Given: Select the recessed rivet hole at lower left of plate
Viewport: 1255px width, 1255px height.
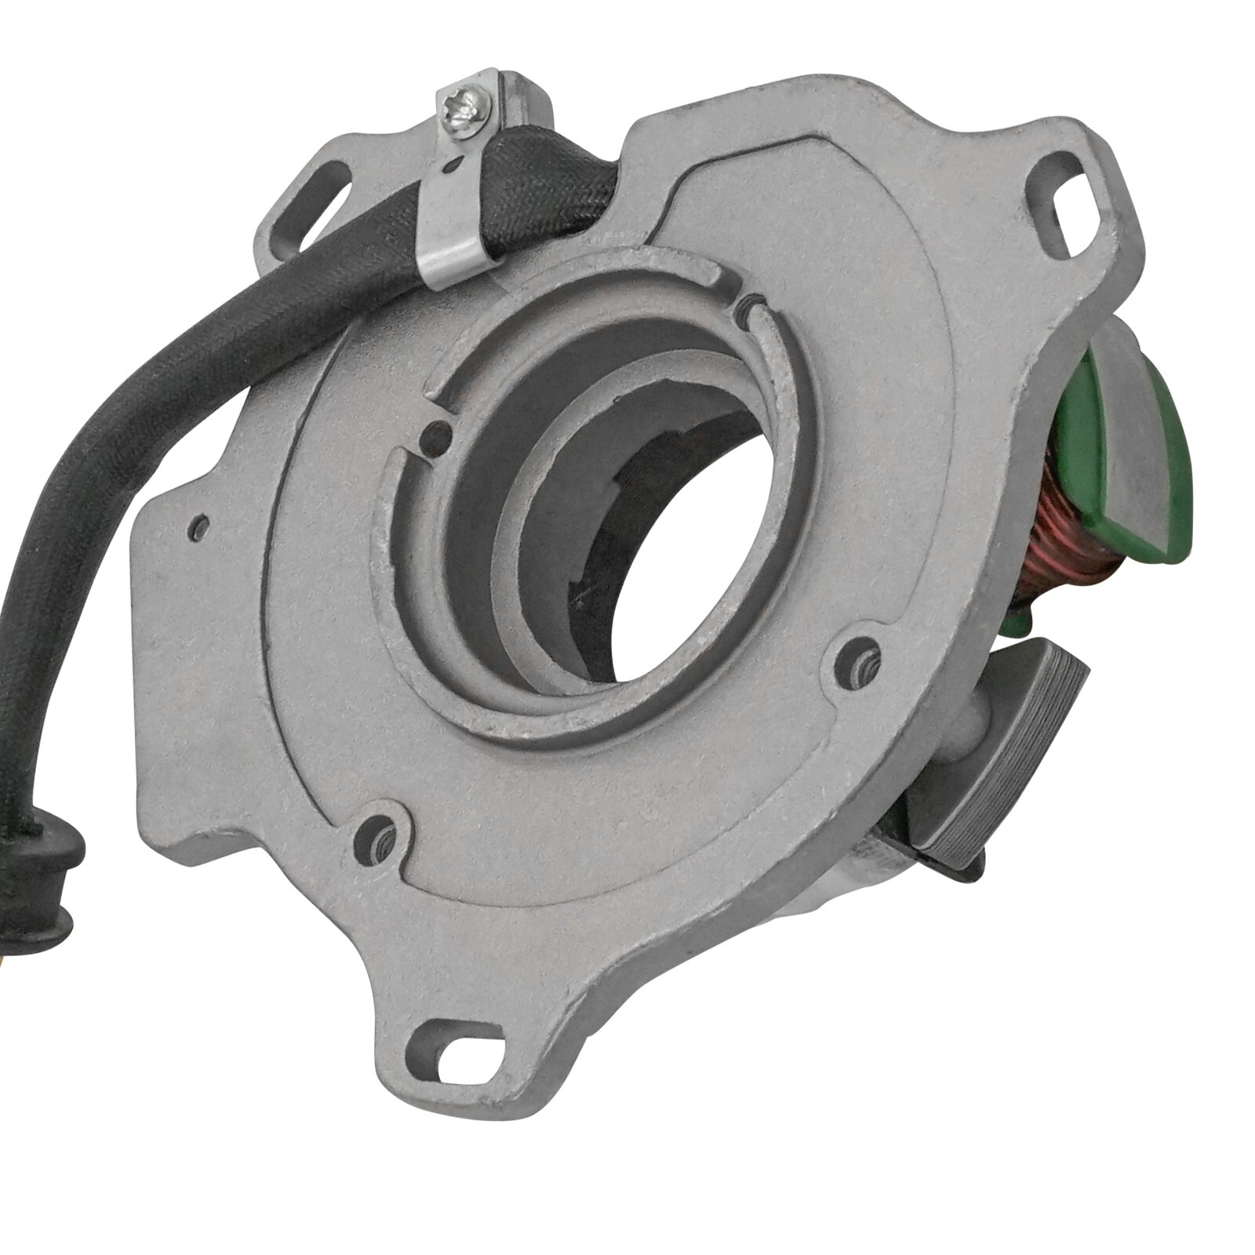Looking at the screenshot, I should pyautogui.click(x=382, y=842).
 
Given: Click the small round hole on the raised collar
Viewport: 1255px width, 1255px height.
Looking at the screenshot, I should pyautogui.click(x=436, y=435).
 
